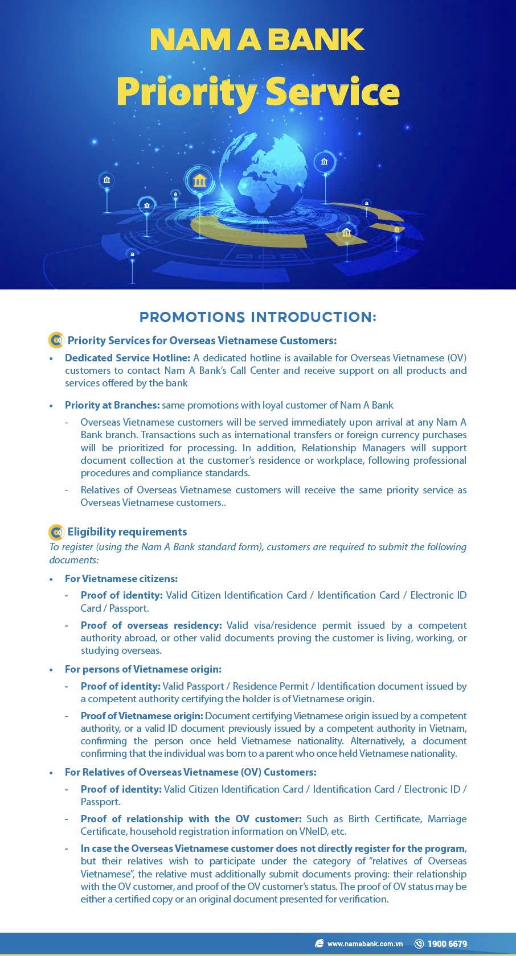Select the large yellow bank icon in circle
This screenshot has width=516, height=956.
200,182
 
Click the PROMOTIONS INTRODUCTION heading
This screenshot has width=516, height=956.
258,317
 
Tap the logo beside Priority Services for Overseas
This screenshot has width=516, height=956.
56,340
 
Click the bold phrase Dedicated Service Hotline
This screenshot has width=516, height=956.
128,358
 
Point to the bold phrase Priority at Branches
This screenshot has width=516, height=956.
112,405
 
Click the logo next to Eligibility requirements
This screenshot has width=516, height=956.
56,532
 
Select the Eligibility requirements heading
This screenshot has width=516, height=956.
127,532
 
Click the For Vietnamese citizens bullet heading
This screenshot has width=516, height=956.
121,579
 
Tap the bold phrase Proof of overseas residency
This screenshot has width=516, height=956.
151,625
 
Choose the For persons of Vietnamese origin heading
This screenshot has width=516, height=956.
143,669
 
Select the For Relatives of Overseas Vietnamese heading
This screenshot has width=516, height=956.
190,772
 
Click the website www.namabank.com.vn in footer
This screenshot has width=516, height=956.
365,943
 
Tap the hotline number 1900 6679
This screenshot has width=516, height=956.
447,943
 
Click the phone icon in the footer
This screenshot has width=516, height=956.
419,943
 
